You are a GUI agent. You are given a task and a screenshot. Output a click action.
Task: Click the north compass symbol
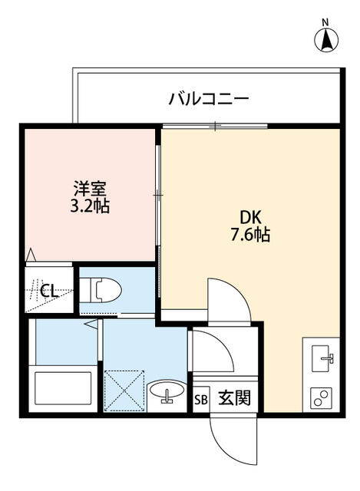(326, 40)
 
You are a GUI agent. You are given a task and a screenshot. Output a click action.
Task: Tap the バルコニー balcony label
(208, 99)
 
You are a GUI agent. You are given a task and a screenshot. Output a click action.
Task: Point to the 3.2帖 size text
(91, 206)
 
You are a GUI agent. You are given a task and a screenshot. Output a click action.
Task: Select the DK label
(248, 217)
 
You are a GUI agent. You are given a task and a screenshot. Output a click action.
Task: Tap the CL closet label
(48, 290)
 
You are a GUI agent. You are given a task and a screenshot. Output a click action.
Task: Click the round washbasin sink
(167, 392)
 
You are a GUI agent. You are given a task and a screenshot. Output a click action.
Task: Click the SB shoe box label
(200, 399)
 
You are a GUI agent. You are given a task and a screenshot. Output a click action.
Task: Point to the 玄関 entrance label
(233, 398)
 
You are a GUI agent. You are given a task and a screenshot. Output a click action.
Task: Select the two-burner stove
(322, 397)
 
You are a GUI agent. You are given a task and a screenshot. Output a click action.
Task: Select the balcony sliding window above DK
(216, 126)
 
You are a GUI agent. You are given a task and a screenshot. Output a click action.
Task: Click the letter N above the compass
(325, 21)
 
